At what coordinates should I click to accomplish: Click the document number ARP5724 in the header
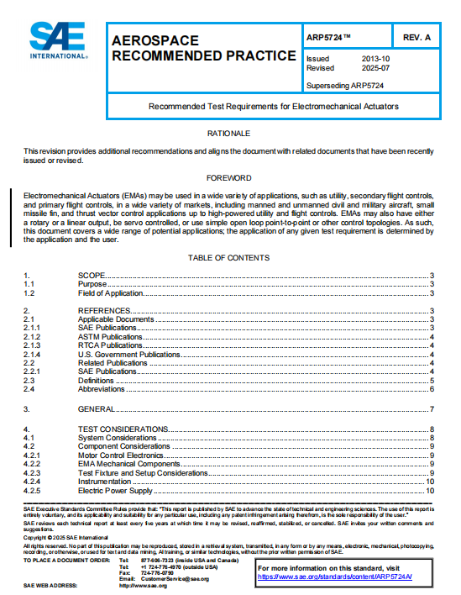click(329, 39)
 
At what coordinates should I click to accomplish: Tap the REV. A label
click(416, 39)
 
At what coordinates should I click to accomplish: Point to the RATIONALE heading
click(229, 134)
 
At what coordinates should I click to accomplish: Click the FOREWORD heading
click(229, 178)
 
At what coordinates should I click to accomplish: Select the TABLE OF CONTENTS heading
click(229, 257)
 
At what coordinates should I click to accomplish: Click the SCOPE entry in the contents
click(92, 276)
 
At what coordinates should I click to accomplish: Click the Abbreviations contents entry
click(101, 389)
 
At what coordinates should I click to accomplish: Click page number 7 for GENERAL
click(430, 408)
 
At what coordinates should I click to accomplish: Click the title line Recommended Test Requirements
click(273, 107)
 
